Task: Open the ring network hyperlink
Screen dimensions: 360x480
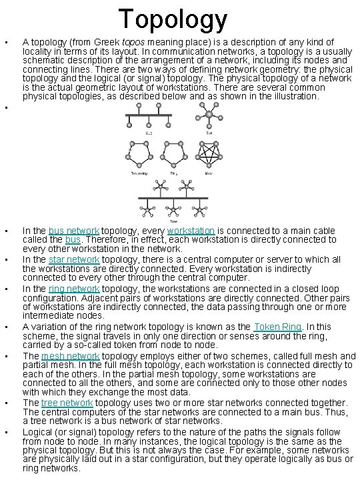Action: point(76,289)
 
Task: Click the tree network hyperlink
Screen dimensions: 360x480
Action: point(67,403)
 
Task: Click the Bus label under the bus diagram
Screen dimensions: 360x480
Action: point(149,133)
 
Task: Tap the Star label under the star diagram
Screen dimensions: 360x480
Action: point(209,133)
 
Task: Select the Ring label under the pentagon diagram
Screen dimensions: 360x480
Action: point(174,173)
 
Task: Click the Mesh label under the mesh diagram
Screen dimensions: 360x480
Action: point(209,173)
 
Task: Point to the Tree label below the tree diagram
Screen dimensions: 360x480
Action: point(174,221)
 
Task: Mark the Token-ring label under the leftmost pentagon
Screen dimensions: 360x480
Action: point(139,173)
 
